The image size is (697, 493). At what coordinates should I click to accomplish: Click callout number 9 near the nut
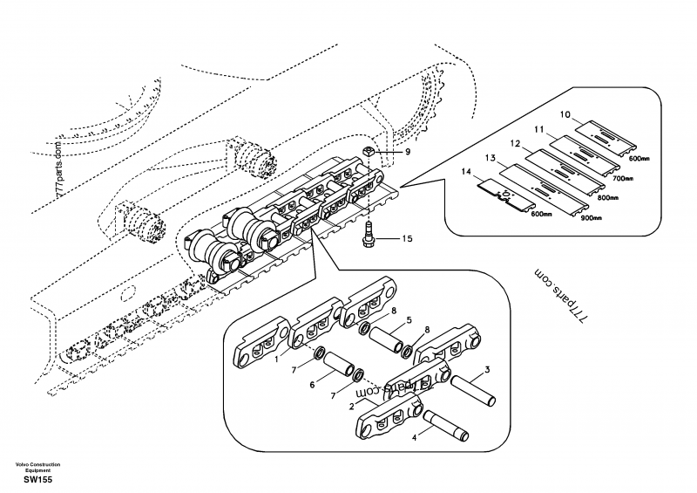pyautogui.click(x=406, y=152)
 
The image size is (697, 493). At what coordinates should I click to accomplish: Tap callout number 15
pyautogui.click(x=406, y=237)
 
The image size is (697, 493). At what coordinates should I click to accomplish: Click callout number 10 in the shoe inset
pyautogui.click(x=564, y=114)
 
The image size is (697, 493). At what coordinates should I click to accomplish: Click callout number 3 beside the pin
pyautogui.click(x=487, y=370)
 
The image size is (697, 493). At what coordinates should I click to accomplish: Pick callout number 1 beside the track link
pyautogui.click(x=278, y=359)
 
